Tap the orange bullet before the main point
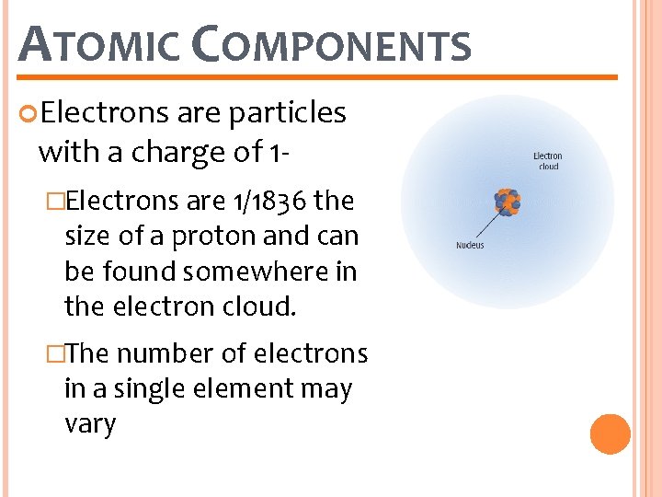pos(29,113)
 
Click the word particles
pos(287,112)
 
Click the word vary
pos(90,424)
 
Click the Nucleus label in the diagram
pos(470,245)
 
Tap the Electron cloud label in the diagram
pos(548,161)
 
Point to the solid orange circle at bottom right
pos(610,434)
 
